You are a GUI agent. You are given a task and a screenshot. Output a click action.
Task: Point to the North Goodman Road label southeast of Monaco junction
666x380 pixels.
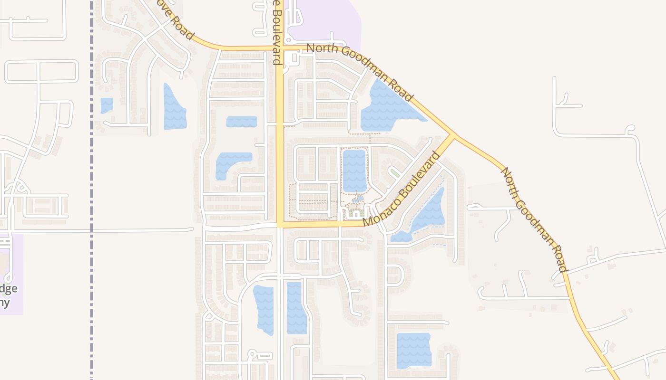click(x=534, y=219)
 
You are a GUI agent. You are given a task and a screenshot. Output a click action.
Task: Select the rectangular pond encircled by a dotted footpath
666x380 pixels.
click(x=354, y=170)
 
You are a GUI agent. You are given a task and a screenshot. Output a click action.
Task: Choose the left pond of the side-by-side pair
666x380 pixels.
click(x=264, y=309)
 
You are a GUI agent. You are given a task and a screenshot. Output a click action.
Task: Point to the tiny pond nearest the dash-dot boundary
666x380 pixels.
click(x=107, y=105)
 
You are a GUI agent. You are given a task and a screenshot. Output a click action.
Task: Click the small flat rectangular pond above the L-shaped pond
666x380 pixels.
click(x=241, y=122)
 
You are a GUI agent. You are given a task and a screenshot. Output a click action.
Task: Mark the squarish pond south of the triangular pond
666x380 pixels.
click(x=413, y=350)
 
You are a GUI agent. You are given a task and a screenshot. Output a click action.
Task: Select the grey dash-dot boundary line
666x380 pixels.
click(x=91, y=190)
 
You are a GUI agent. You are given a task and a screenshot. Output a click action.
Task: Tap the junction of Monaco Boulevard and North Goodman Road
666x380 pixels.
click(x=452, y=136)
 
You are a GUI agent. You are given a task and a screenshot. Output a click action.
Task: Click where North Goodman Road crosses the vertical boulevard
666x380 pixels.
click(x=280, y=48)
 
